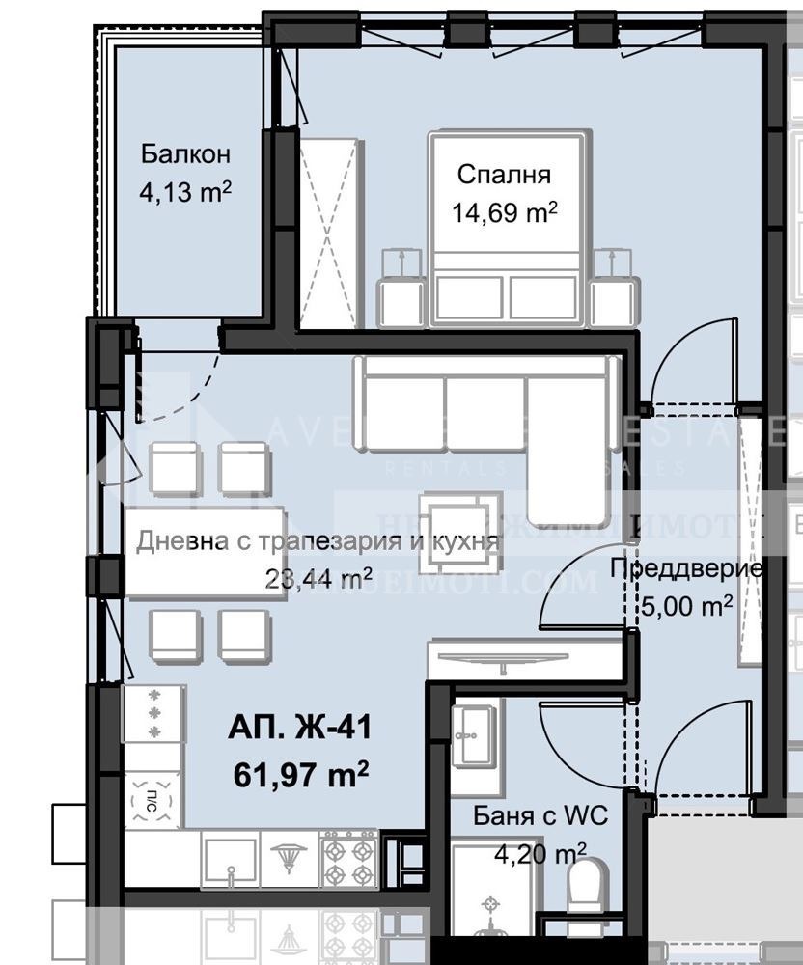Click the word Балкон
(x=185, y=154)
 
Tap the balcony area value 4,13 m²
(x=185, y=192)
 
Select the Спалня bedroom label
(x=504, y=175)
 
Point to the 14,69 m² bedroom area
(x=505, y=212)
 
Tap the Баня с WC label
(x=540, y=816)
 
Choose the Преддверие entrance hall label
(x=687, y=568)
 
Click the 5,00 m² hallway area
(x=686, y=606)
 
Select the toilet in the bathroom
(x=586, y=888)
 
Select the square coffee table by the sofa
(x=460, y=517)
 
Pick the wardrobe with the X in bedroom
(x=328, y=232)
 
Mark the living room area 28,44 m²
(x=308, y=578)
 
